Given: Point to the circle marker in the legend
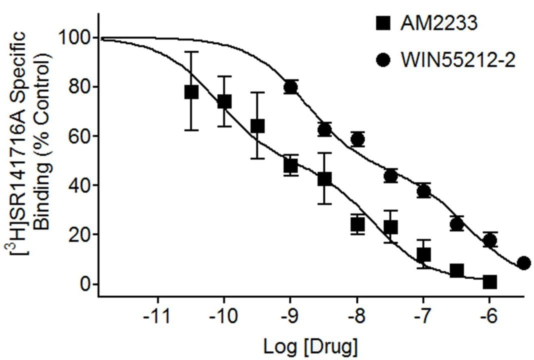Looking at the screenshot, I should click(x=383, y=60).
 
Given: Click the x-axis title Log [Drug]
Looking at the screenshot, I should click(x=310, y=345).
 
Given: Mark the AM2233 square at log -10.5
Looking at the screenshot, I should click(x=191, y=92).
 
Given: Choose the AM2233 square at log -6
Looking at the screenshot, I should click(x=489, y=282).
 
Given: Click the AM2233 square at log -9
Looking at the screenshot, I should click(x=290, y=165).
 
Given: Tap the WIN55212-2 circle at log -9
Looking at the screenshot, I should click(x=290, y=87).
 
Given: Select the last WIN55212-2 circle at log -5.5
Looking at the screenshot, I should click(x=523, y=263).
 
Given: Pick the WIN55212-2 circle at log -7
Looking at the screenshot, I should click(x=423, y=191).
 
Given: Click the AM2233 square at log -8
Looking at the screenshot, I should click(x=357, y=224).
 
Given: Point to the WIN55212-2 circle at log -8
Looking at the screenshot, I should click(x=357, y=139).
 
